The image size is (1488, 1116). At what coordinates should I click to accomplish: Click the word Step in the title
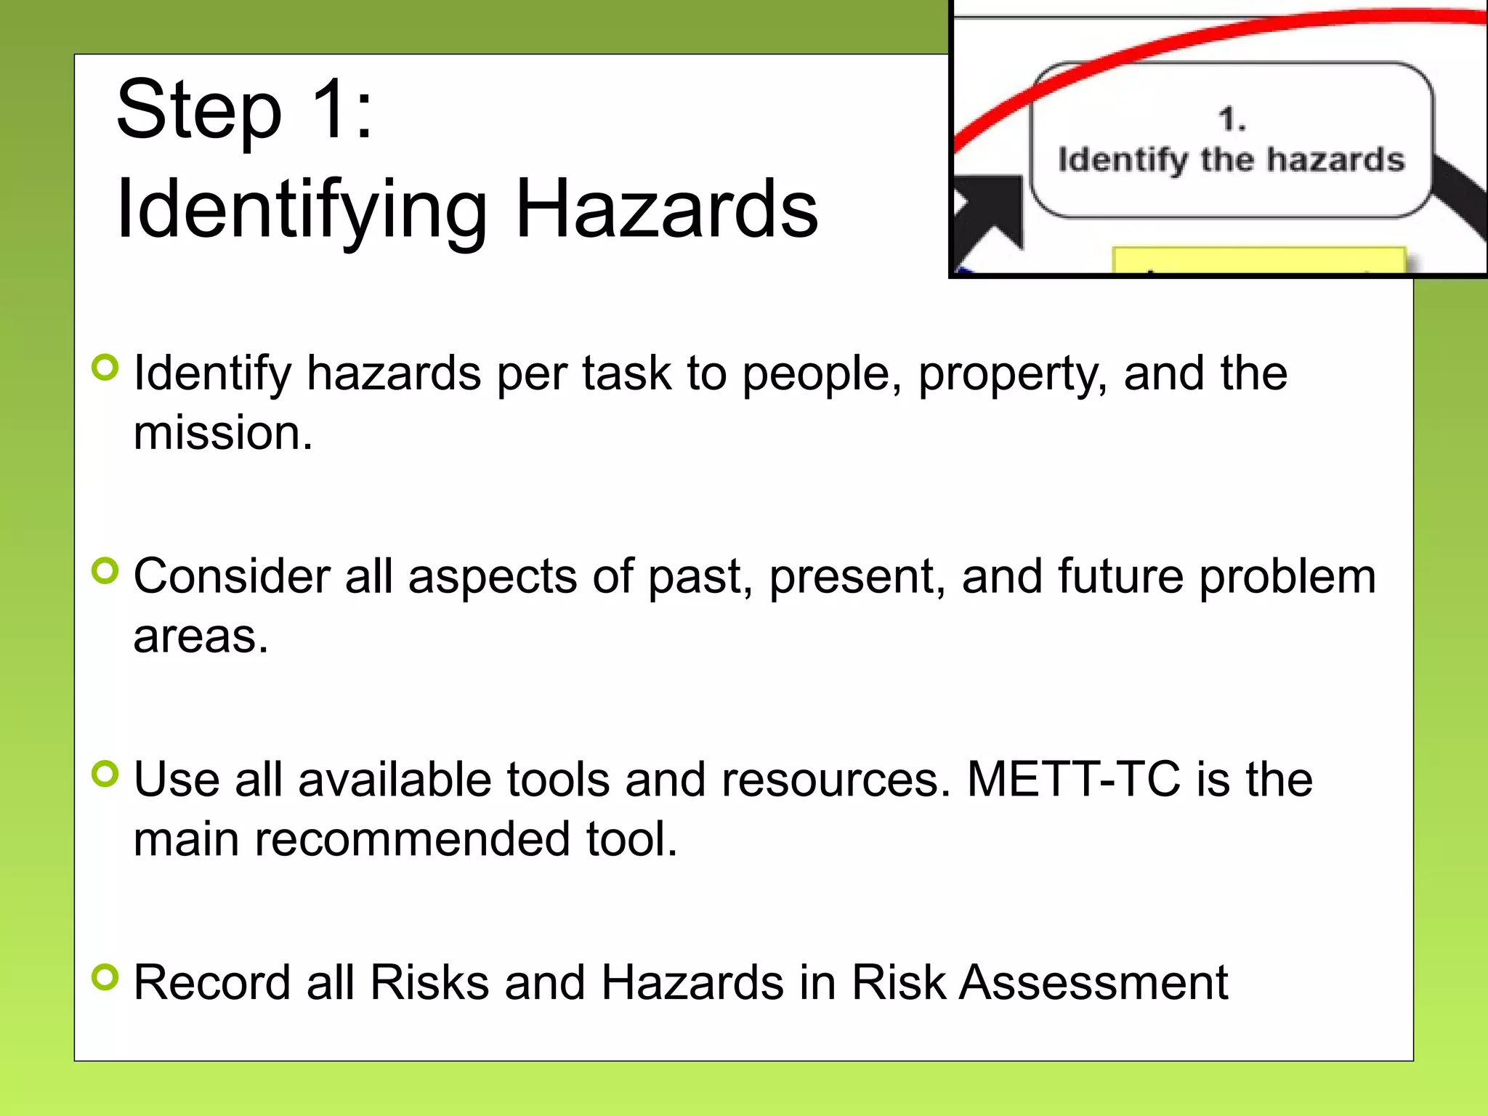tap(198, 111)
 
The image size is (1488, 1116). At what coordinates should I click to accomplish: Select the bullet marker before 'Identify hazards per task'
tap(106, 368)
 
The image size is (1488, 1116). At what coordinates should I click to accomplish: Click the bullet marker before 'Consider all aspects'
tap(106, 571)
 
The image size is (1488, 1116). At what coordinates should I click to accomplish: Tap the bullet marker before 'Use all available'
tap(106, 775)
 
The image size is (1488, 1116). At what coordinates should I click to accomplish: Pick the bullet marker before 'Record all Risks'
tap(106, 977)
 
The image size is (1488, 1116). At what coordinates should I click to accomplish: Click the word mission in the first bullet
tap(222, 433)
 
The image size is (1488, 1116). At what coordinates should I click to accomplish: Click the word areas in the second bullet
tap(200, 636)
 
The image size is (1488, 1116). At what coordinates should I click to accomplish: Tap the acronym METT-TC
tap(1073, 780)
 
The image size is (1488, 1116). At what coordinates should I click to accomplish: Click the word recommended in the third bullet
tap(412, 839)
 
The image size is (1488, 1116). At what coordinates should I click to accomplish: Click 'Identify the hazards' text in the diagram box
tap(1232, 160)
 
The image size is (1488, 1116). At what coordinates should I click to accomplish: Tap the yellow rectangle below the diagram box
tap(1259, 260)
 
